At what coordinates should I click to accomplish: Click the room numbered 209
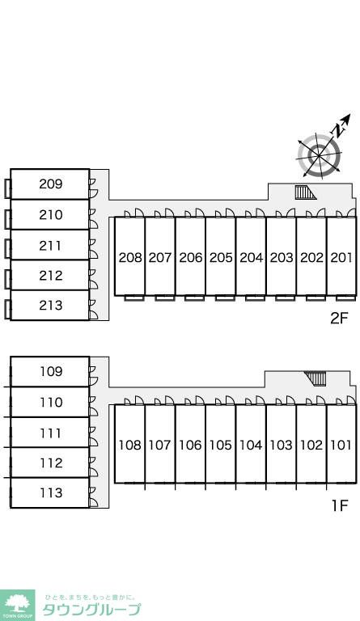tap(50, 184)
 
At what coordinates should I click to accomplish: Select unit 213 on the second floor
tap(50, 306)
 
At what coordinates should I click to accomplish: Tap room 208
tap(130, 256)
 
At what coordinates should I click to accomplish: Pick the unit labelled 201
tap(341, 256)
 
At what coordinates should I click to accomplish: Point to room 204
tap(251, 256)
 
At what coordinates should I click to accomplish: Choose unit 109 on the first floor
tap(50, 371)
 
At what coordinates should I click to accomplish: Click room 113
tap(50, 492)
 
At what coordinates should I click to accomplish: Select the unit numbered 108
tap(130, 444)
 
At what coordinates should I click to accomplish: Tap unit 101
tap(341, 444)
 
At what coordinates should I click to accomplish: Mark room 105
tap(221, 444)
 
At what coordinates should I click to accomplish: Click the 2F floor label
tap(339, 318)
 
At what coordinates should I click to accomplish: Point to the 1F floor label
tap(340, 505)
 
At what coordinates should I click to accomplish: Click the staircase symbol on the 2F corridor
tap(305, 192)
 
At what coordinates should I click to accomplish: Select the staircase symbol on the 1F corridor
tap(316, 378)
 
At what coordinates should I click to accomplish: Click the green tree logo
tap(17, 605)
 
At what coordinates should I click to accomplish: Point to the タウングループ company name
tap(91, 610)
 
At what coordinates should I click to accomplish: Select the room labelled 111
tap(50, 433)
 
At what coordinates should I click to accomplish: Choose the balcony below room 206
tap(194, 298)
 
